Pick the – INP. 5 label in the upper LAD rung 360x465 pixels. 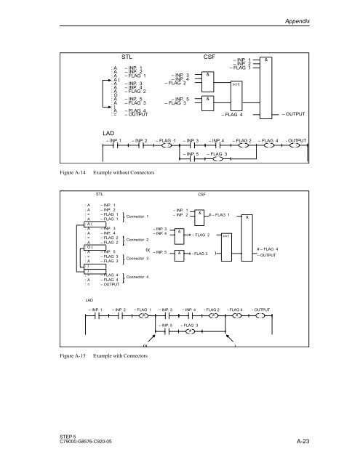tap(188, 154)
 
